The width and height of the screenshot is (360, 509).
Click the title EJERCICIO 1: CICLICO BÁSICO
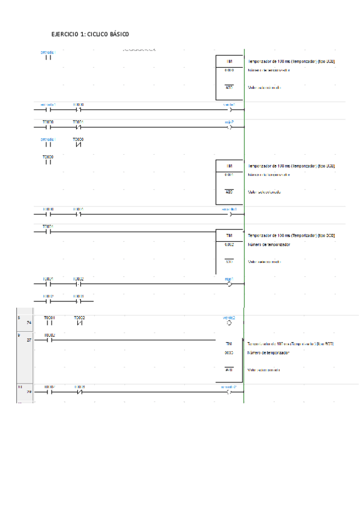coord(90,35)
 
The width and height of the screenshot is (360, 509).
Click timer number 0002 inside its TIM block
coord(229,245)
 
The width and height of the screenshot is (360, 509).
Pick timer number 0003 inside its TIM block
coord(229,353)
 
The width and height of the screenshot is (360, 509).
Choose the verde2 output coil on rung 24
coord(229,322)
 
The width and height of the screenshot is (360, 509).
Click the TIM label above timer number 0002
coord(229,235)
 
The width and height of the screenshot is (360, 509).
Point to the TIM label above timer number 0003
coord(229,343)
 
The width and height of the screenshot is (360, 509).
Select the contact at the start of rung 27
coord(49,340)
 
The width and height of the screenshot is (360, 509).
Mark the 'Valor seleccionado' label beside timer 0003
coord(264,370)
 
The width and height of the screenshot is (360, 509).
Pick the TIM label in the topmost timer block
coord(229,62)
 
